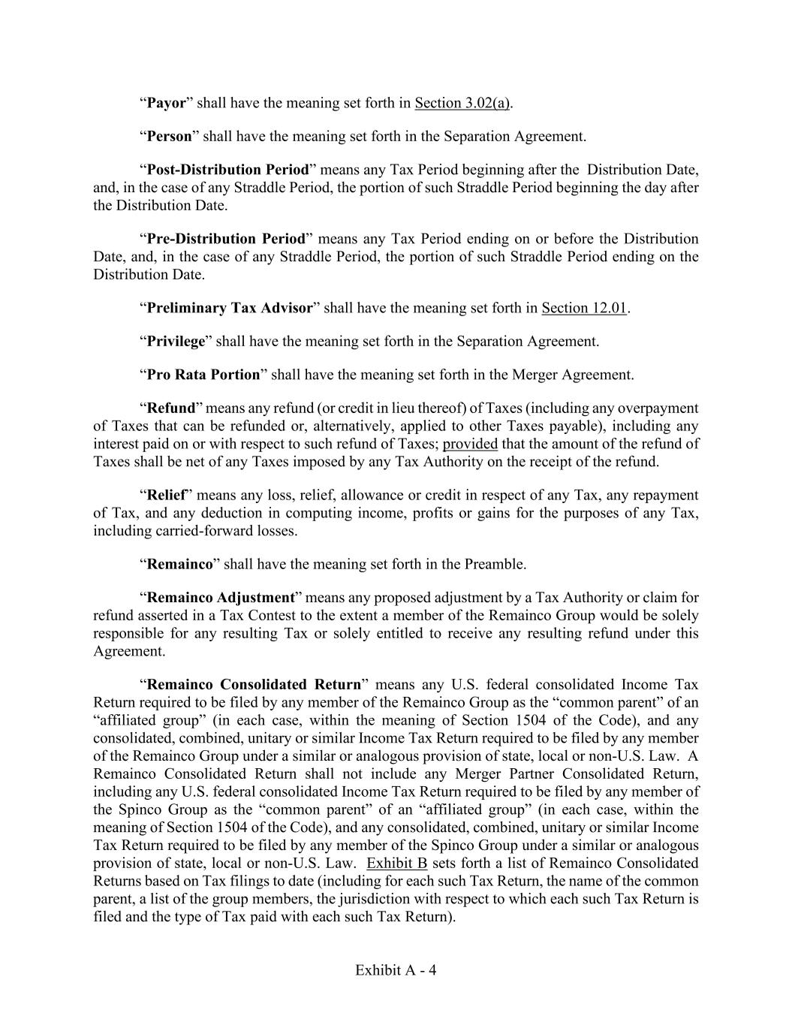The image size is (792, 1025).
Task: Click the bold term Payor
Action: (x=166, y=103)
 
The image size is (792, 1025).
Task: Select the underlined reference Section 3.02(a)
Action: (x=462, y=103)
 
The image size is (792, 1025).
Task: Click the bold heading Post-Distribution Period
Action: (x=227, y=170)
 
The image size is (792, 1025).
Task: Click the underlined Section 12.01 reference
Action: (x=583, y=308)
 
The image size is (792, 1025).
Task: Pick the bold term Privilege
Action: (x=176, y=342)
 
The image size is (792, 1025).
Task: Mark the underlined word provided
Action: (x=470, y=444)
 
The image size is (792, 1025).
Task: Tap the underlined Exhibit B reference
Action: (x=396, y=863)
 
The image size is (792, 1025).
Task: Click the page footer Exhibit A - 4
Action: (x=396, y=970)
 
